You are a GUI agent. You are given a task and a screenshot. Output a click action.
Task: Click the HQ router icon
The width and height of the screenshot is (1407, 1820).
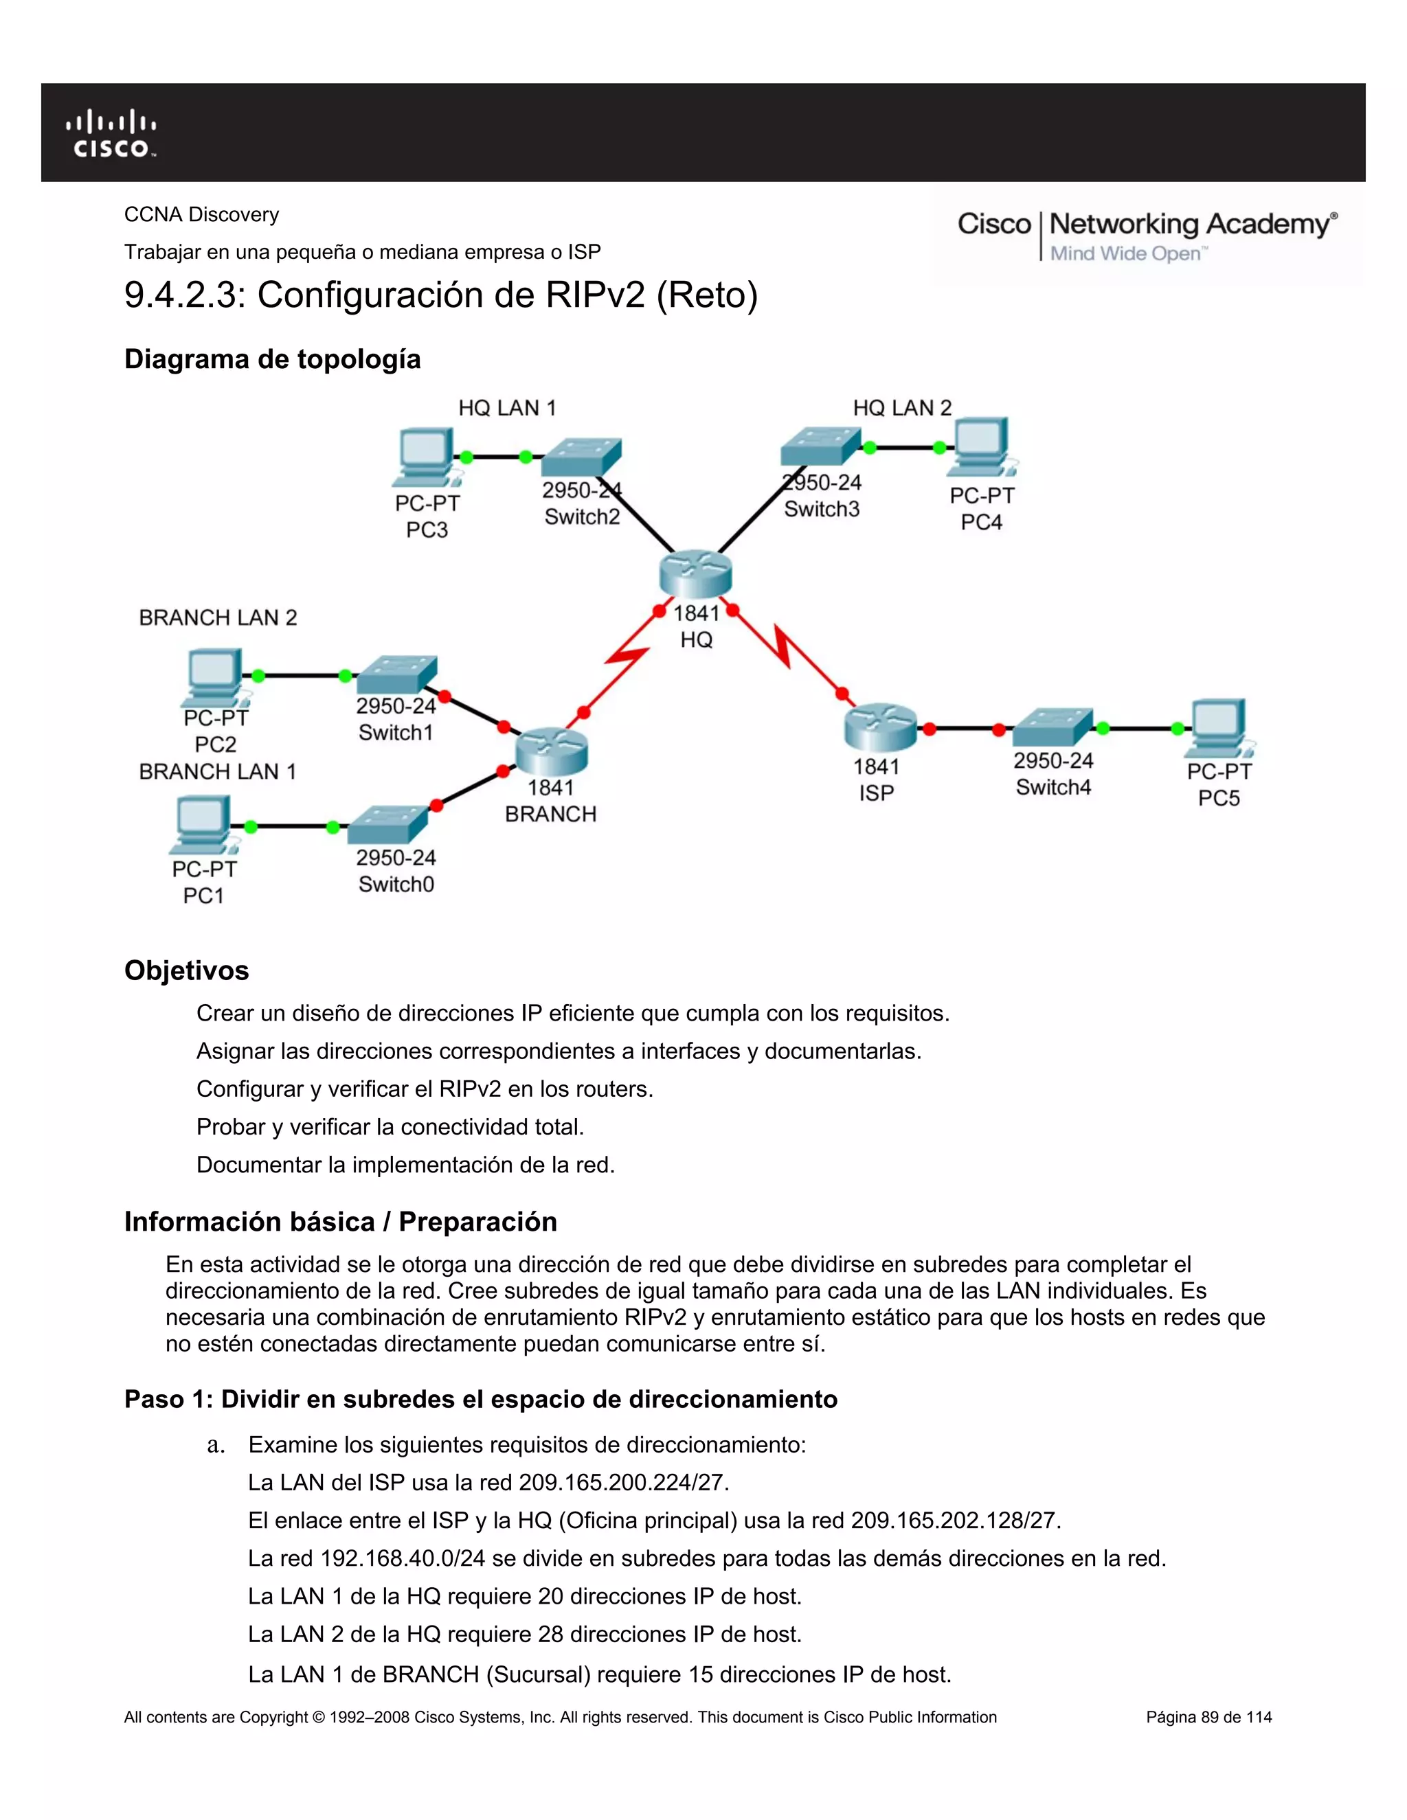pyautogui.click(x=695, y=573)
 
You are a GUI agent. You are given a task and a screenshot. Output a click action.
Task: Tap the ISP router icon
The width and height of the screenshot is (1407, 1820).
pyautogui.click(x=880, y=727)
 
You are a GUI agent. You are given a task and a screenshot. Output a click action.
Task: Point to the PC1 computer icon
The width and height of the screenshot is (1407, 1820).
pyautogui.click(x=203, y=825)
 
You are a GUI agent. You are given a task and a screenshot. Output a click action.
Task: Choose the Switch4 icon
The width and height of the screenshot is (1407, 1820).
pyautogui.click(x=1052, y=727)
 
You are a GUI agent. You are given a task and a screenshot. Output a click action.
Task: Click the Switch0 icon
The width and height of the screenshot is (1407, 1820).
pyautogui.click(x=388, y=825)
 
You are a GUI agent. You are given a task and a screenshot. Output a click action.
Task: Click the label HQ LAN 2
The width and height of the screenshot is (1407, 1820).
pyautogui.click(x=902, y=407)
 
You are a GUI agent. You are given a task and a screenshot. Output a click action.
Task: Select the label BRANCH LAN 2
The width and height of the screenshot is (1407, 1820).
pyautogui.click(x=218, y=617)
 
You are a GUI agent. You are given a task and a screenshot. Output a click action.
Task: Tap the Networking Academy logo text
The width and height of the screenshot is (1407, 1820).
pyautogui.click(x=1192, y=224)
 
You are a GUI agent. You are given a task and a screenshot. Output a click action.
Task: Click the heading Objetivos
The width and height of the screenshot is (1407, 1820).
pyautogui.click(x=187, y=970)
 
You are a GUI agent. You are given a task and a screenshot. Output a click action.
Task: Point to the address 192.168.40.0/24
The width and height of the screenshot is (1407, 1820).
pyautogui.click(x=403, y=1558)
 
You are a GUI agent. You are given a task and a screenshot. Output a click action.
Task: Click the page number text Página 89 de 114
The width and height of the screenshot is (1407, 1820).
pyautogui.click(x=1208, y=1717)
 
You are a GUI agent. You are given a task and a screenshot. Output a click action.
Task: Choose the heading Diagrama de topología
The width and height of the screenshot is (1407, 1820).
pyautogui.click(x=273, y=359)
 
